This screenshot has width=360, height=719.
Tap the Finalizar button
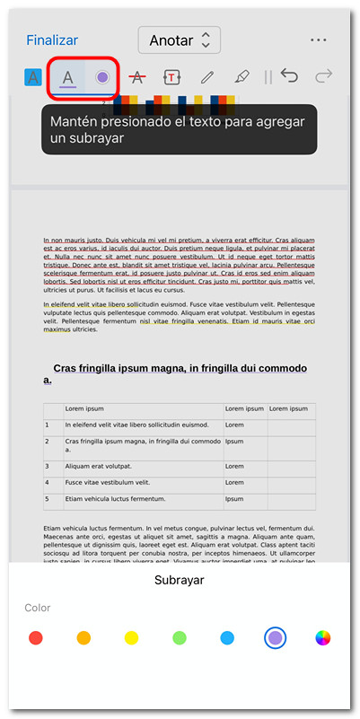(52, 40)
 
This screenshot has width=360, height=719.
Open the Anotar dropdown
(180, 40)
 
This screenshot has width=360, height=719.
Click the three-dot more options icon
(318, 40)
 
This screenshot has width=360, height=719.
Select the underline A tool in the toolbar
(68, 77)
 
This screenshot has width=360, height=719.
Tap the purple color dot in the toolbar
(102, 77)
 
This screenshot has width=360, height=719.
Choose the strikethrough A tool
(137, 77)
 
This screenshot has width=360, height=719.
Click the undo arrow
(290, 76)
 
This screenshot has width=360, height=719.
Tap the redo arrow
(324, 76)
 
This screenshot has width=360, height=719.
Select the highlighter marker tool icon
(241, 77)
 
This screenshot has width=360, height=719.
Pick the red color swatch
(36, 638)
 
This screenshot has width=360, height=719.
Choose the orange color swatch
(83, 638)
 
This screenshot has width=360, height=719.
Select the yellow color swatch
(131, 638)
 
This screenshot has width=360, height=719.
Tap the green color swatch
(180, 638)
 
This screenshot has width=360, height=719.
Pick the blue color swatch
(227, 638)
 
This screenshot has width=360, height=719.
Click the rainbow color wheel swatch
(323, 638)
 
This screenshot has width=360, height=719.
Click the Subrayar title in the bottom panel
(180, 580)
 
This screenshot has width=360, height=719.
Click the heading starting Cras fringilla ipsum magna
(180, 373)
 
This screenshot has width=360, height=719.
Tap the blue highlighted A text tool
(33, 77)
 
